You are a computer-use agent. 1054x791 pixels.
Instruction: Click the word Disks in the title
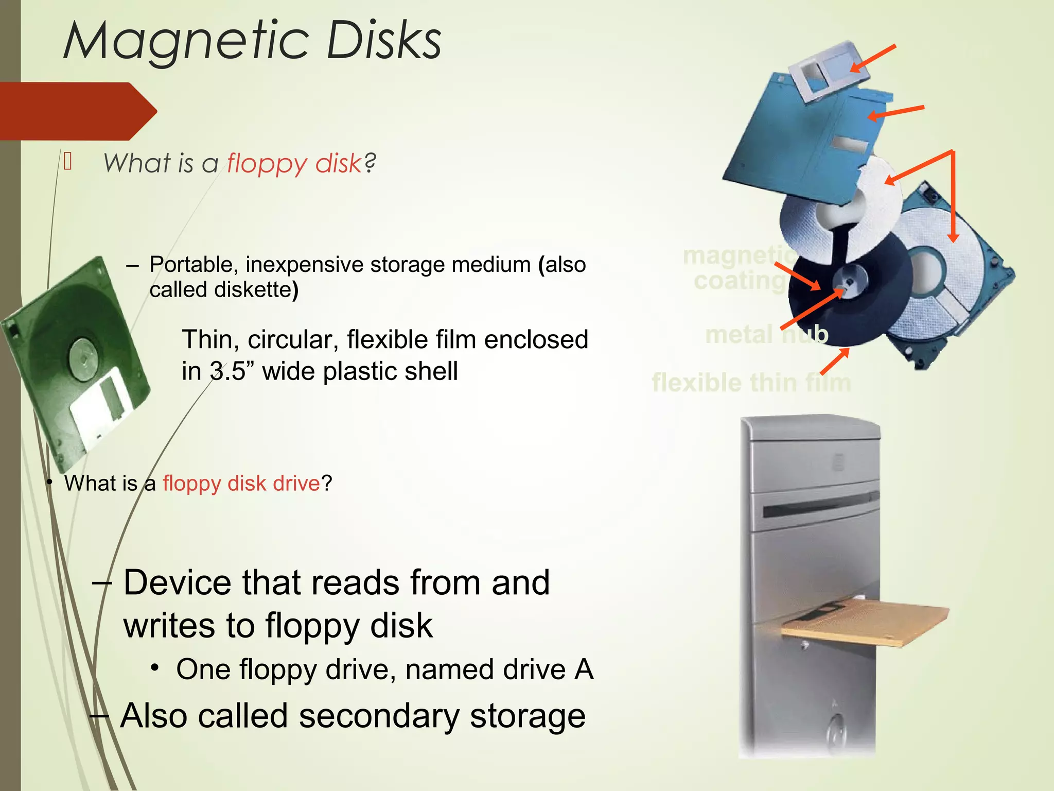tap(383, 41)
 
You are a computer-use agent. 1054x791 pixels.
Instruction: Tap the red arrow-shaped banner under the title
tap(77, 111)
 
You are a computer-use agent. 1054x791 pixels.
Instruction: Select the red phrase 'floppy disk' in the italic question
tap(294, 164)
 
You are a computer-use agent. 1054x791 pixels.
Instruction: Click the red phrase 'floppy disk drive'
tap(241, 483)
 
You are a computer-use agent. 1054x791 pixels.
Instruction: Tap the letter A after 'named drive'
tap(584, 669)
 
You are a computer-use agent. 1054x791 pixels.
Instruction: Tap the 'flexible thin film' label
tap(751, 383)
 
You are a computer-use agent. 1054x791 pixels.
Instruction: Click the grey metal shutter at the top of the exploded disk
tap(829, 70)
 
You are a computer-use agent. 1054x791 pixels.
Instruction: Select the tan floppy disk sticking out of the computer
tap(865, 623)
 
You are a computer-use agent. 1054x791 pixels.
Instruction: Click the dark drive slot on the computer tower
tap(818, 505)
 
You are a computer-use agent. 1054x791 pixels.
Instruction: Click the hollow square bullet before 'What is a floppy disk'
tap(68, 162)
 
